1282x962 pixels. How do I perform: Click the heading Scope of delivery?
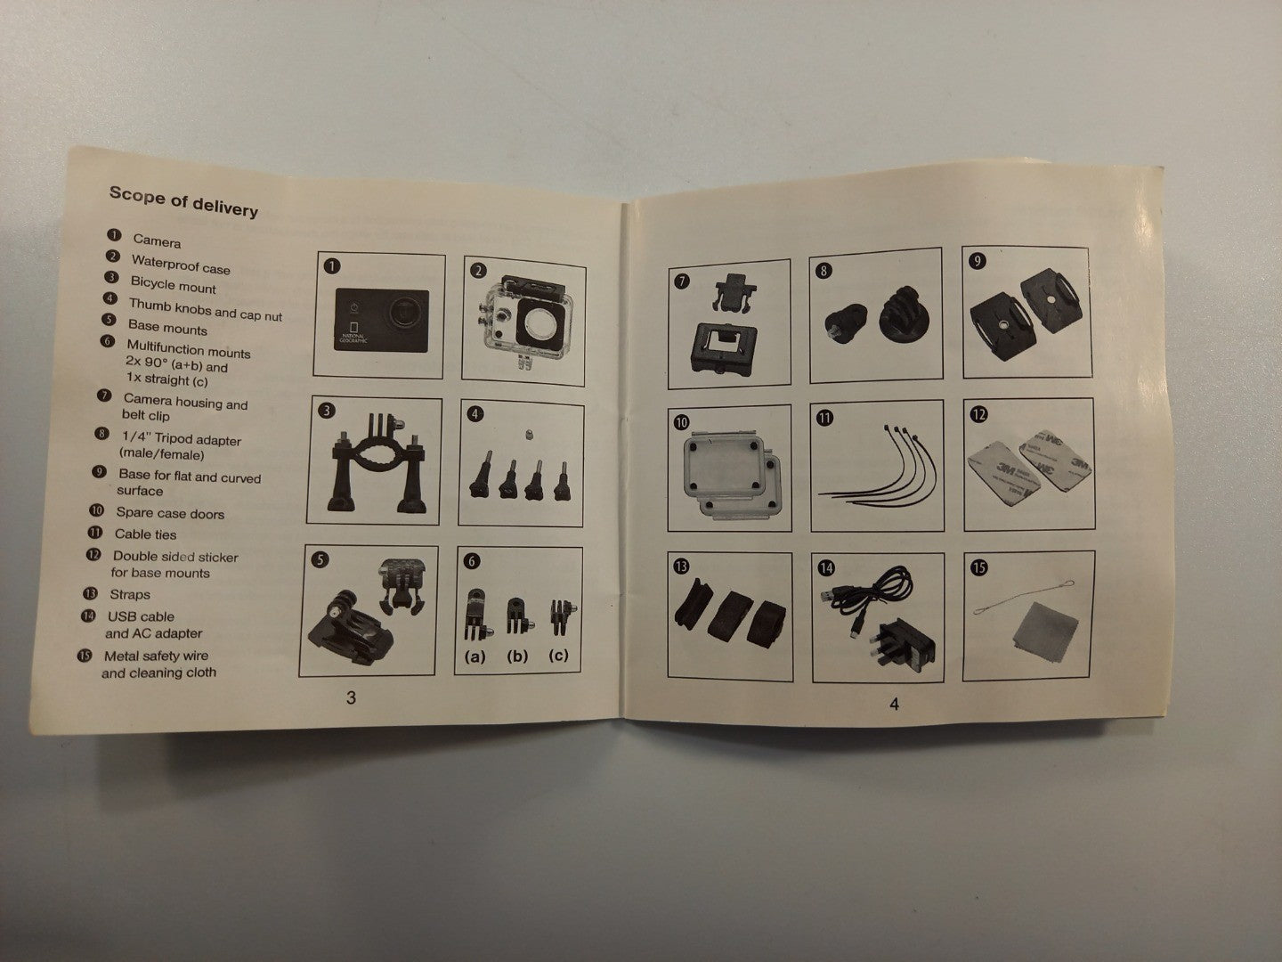click(x=183, y=201)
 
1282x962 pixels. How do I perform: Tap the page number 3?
click(x=351, y=697)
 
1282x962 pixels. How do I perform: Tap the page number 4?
click(x=894, y=705)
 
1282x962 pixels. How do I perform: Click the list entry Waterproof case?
click(x=181, y=264)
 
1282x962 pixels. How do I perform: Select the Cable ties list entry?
click(x=145, y=534)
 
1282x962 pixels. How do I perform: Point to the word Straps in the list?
click(x=130, y=595)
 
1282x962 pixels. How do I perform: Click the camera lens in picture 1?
click(x=406, y=309)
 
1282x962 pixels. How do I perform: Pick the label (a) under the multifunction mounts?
click(x=475, y=656)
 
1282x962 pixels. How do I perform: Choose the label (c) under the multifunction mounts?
click(x=558, y=656)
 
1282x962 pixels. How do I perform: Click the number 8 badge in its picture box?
click(x=824, y=271)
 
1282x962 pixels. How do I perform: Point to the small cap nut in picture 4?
click(x=529, y=434)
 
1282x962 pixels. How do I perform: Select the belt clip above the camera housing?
click(x=733, y=292)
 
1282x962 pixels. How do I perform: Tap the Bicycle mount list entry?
click(x=173, y=285)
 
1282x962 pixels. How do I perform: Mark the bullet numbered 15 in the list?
click(x=85, y=656)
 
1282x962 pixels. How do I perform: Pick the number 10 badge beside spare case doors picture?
click(x=681, y=421)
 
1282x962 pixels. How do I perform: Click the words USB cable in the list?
click(x=141, y=616)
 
